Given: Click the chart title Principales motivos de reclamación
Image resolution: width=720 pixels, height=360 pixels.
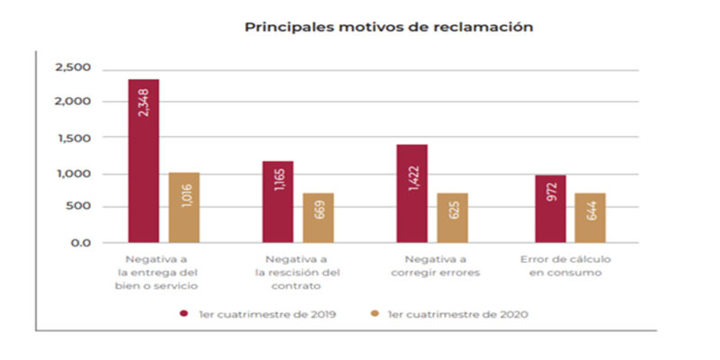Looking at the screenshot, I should tap(389, 27).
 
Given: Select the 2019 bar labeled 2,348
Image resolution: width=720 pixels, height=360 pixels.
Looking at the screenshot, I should tap(143, 161).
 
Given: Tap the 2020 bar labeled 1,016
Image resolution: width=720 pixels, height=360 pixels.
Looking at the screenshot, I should tap(184, 208).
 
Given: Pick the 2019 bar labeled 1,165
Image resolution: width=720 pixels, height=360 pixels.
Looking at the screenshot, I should tap(277, 202).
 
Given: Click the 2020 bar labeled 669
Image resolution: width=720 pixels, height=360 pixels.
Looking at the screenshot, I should tap(319, 218).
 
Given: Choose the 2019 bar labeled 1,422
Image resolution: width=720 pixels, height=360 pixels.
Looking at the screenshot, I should tap(412, 193).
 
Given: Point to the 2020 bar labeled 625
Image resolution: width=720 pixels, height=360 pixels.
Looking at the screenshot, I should tap(453, 218).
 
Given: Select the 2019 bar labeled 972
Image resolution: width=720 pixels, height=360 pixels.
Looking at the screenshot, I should tap(551, 209).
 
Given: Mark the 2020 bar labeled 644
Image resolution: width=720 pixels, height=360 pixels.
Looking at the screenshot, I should tap(590, 218).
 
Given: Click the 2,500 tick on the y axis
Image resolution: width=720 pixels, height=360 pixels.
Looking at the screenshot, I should tap(74, 68).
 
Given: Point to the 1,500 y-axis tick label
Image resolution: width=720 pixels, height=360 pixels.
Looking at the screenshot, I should tap(74, 139).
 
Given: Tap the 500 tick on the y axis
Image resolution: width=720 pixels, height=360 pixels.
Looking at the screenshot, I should tap(79, 208).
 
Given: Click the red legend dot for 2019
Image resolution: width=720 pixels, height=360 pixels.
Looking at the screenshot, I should tap(183, 314).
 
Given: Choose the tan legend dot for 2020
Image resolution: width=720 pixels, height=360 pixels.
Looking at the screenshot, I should tap(374, 314).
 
